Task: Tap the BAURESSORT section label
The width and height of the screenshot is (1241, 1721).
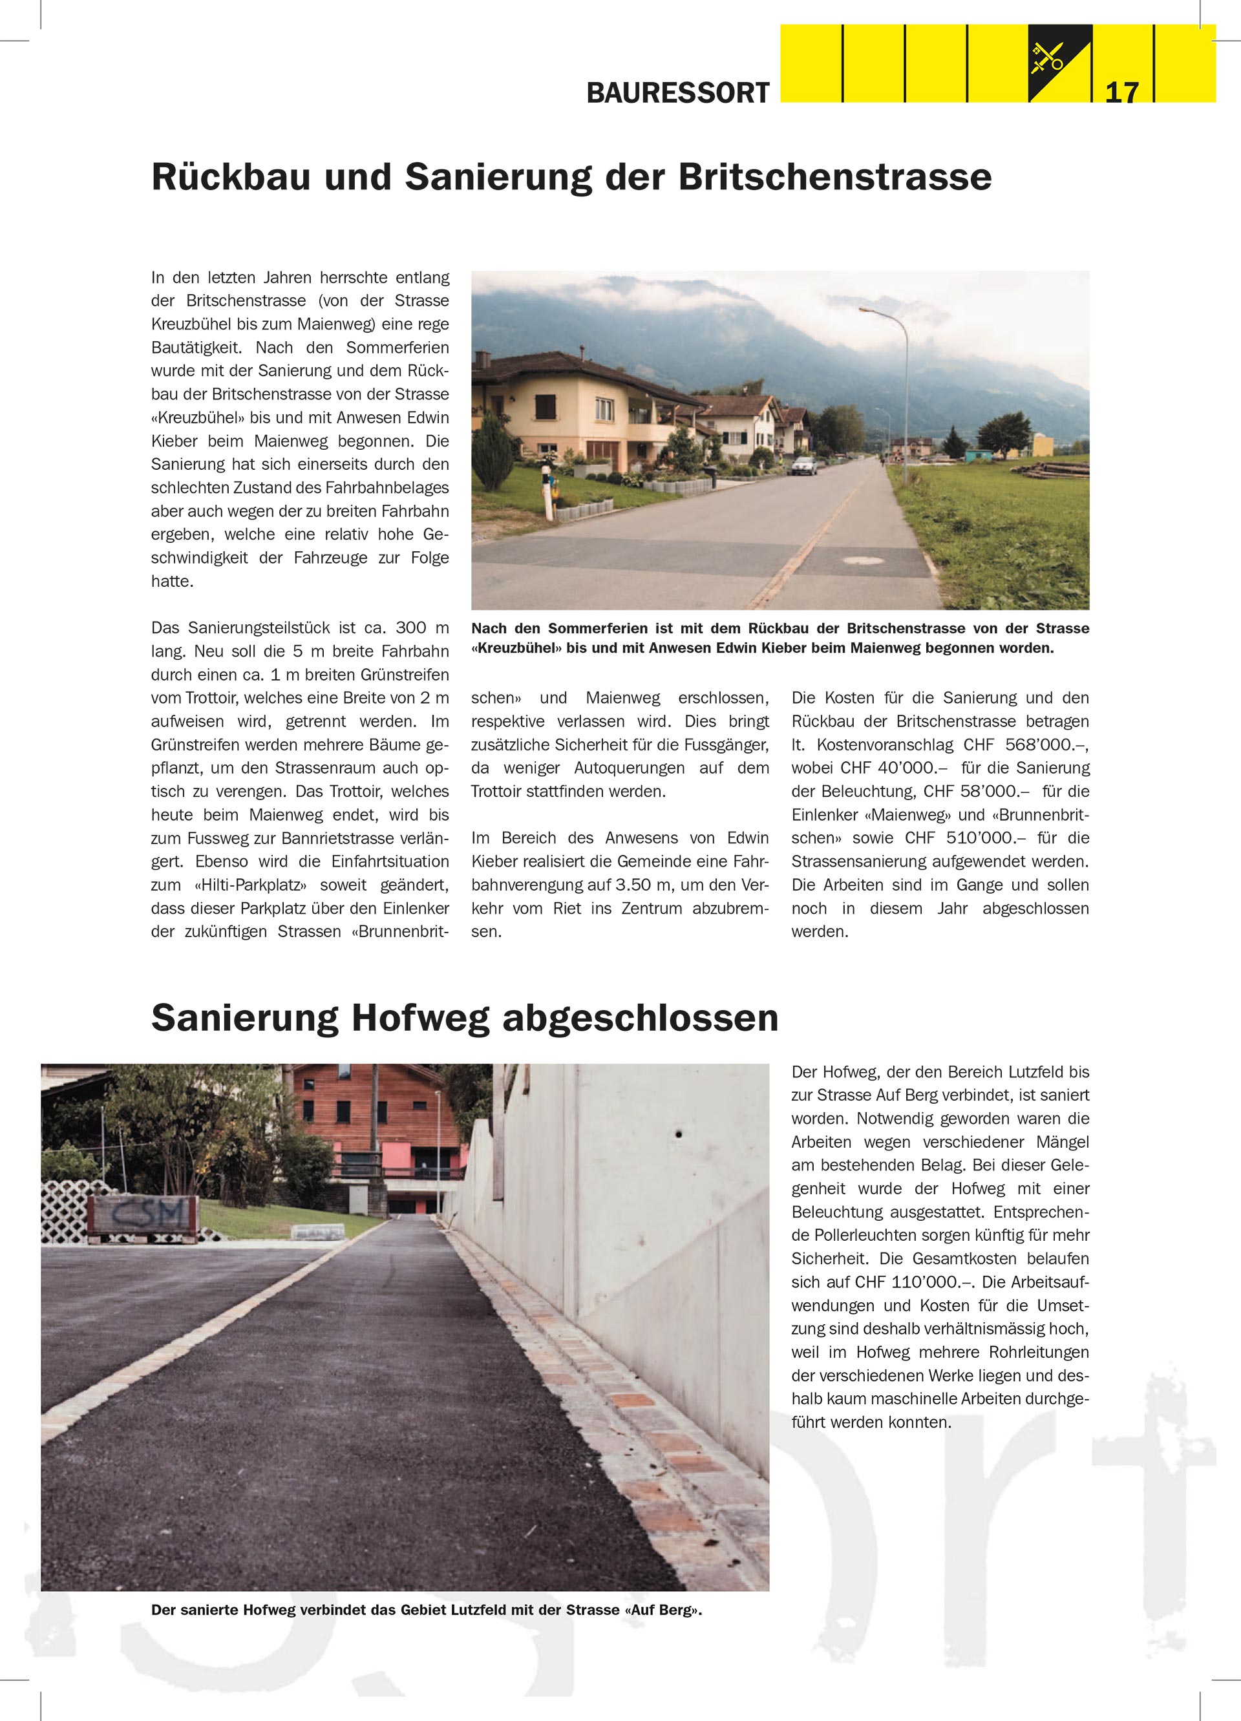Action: [678, 92]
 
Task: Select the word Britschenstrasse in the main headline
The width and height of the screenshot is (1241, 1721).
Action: [835, 177]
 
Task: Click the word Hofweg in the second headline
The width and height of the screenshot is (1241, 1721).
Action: [419, 1018]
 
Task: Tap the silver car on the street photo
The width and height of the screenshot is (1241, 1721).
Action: [805, 465]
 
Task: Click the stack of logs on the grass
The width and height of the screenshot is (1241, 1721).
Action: [1050, 470]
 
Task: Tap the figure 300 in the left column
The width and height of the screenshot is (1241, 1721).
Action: [410, 628]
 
